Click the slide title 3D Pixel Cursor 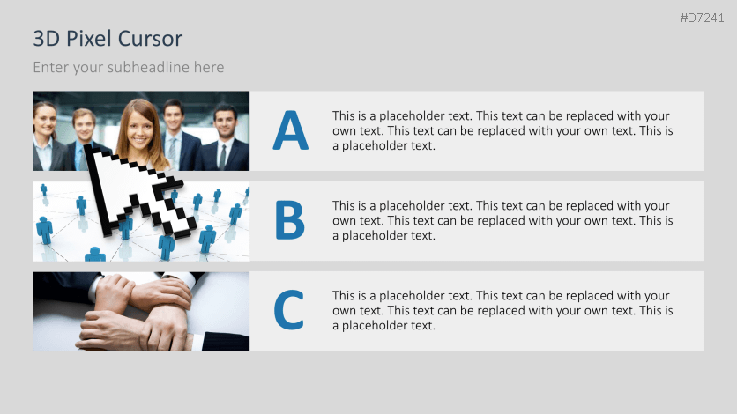click(108, 39)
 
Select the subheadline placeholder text click(129, 67)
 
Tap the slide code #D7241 click(702, 18)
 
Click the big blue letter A click(290, 131)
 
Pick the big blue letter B click(290, 221)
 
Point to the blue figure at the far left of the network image click(44, 229)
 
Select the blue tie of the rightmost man click(223, 157)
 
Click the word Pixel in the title click(89, 39)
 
